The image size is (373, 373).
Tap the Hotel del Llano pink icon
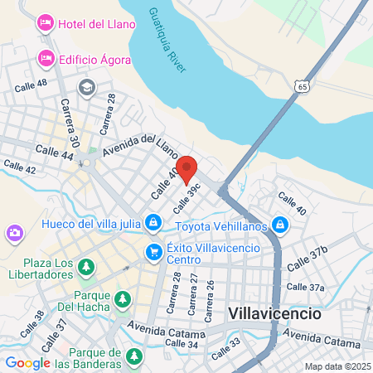point(45,23)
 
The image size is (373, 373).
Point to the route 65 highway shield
point(307,85)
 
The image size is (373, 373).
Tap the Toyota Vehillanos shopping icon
point(281,225)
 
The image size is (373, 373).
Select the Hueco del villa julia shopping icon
point(153,222)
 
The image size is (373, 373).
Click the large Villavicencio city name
point(273,314)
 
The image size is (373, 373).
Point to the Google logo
point(27,362)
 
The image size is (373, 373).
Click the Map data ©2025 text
point(336,366)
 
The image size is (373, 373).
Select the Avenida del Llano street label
point(140,146)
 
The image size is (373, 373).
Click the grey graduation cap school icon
point(86,87)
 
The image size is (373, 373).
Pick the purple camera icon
point(14,234)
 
